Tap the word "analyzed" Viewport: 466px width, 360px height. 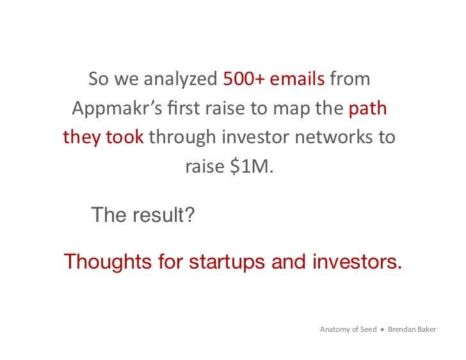[x=181, y=80]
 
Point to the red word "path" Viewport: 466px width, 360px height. [x=368, y=109]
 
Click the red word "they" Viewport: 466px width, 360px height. [x=81, y=137]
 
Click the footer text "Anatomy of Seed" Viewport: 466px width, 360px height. [x=348, y=330]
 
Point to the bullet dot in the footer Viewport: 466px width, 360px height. [x=382, y=330]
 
